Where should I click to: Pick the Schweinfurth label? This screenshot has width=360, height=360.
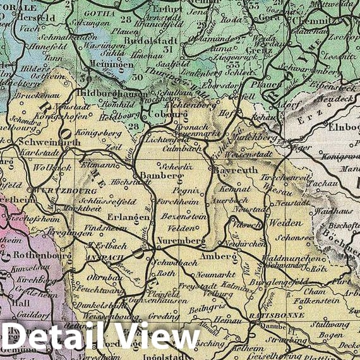point(42,143)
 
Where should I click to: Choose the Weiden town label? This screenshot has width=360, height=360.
point(280,223)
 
